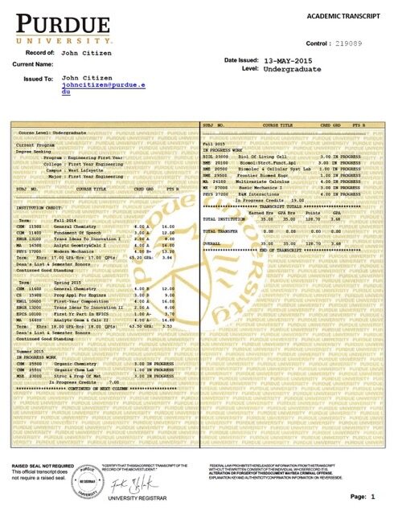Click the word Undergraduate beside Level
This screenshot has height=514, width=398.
(292, 71)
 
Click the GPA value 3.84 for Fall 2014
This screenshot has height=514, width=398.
(170, 235)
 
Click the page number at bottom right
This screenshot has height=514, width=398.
(373, 498)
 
